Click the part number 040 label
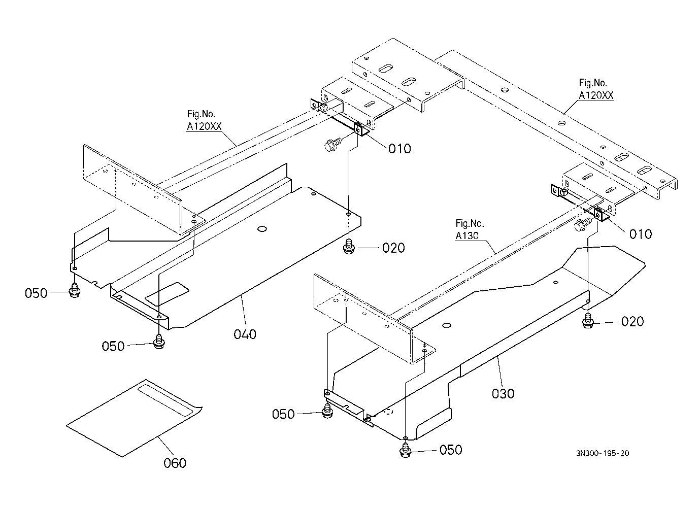245,334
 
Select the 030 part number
503,394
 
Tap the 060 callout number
175,463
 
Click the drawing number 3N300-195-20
603,453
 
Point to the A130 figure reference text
467,235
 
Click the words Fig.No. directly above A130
470,223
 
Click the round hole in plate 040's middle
262,229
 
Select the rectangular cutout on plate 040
167,294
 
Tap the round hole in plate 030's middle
447,325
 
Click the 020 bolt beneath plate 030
588,321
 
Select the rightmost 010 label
640,234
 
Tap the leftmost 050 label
36,293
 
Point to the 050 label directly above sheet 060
113,346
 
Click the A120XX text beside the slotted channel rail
596,95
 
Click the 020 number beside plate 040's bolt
393,248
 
